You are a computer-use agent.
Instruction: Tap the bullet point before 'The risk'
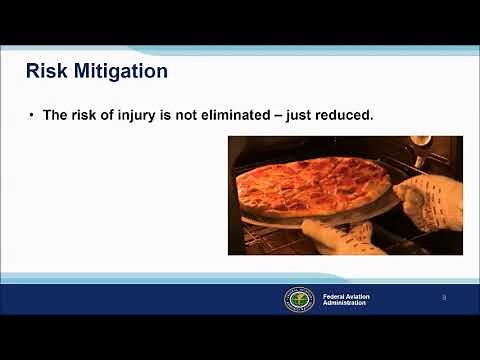click(x=32, y=115)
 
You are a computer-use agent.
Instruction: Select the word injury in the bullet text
click(x=149, y=115)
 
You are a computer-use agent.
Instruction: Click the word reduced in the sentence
click(x=345, y=115)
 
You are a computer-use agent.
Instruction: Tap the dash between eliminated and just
click(x=279, y=115)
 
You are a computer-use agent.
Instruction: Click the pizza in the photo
click(x=310, y=186)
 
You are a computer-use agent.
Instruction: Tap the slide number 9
click(x=444, y=298)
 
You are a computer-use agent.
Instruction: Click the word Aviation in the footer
click(x=358, y=295)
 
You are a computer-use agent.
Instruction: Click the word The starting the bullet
click(x=55, y=115)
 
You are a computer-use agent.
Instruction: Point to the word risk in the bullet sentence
click(x=85, y=115)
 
